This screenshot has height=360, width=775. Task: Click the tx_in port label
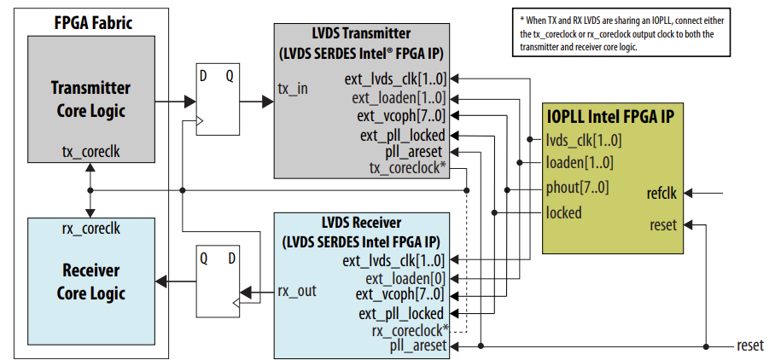293,89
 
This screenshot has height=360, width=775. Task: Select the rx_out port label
297,291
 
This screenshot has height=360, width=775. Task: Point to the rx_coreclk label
90,228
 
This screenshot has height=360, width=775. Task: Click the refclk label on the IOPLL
661,194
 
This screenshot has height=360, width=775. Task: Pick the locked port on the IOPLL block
563,212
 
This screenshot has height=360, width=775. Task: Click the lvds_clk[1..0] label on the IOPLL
584,141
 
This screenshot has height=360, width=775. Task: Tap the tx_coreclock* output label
408,168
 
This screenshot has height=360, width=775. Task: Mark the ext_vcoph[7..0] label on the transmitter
401,116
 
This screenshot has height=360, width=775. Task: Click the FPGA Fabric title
93,22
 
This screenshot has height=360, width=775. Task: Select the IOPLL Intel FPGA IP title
613,116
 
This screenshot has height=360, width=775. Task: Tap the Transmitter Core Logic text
90,99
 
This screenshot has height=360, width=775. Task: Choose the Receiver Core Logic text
90,282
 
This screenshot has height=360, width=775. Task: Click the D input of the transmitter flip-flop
204,74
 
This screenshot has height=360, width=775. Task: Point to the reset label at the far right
750,346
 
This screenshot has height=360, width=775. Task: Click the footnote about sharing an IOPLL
630,33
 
